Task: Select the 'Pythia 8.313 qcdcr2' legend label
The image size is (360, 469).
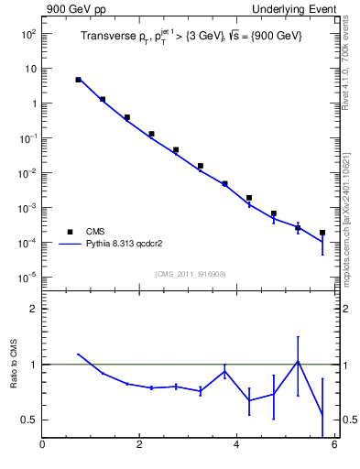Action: point(125,245)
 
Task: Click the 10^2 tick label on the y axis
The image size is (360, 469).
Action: point(28,34)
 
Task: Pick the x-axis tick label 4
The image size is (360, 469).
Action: point(236,446)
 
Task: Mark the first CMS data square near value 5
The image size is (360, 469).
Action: point(79,80)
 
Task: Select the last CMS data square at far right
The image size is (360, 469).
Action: point(322,233)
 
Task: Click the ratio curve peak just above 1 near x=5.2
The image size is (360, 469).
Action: point(298,361)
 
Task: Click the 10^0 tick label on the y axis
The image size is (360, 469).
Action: point(28,104)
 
